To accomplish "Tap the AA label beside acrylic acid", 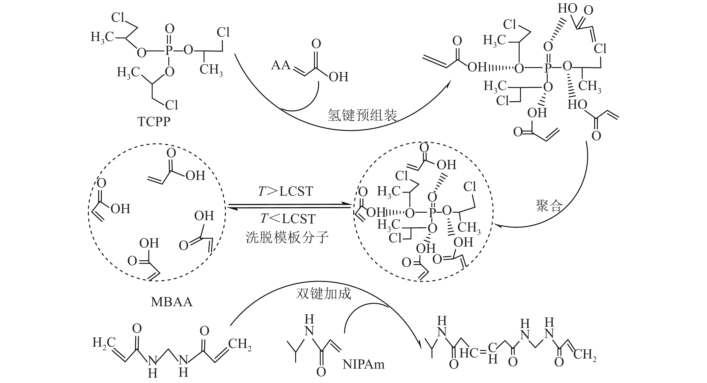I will [281, 65].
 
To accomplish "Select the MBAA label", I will [171, 302].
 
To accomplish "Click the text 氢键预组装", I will [362, 115].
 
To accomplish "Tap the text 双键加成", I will [324, 293].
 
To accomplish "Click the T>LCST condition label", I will [285, 191].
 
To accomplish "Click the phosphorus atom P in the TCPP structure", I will [169, 51].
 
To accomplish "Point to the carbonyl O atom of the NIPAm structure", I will [321, 372].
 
